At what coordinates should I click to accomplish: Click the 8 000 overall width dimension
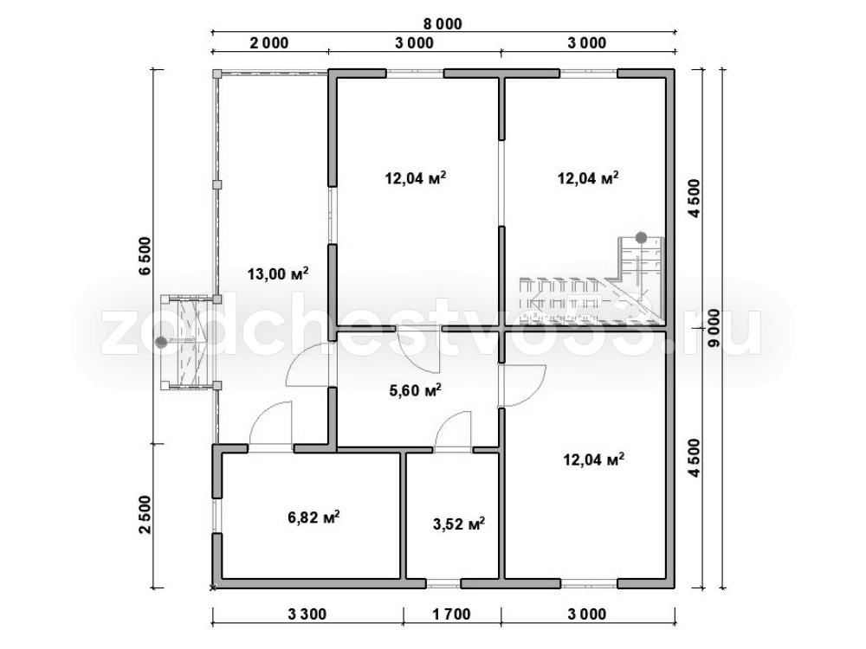point(443,24)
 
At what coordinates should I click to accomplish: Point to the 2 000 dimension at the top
point(269,43)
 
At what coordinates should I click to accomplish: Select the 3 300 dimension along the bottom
point(307,614)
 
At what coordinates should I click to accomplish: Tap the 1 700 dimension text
point(451,614)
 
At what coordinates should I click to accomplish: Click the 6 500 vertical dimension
point(144,255)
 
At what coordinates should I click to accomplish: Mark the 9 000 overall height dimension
point(714,328)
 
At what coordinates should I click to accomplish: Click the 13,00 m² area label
point(278,273)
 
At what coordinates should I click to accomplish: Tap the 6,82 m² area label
point(313,517)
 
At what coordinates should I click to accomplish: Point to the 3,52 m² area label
point(459,524)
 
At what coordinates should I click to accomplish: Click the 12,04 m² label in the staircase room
point(588,178)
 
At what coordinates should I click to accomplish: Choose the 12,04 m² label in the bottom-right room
point(594,459)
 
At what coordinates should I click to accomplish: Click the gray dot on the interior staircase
point(641,238)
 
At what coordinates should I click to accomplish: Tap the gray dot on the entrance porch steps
point(161,342)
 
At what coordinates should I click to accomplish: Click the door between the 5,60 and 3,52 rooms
point(453,431)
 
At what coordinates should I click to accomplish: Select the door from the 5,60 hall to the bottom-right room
point(522,386)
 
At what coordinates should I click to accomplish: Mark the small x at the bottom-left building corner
point(213,588)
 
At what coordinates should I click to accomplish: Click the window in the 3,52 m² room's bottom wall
point(443,583)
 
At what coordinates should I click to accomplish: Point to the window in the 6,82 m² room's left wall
point(216,517)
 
